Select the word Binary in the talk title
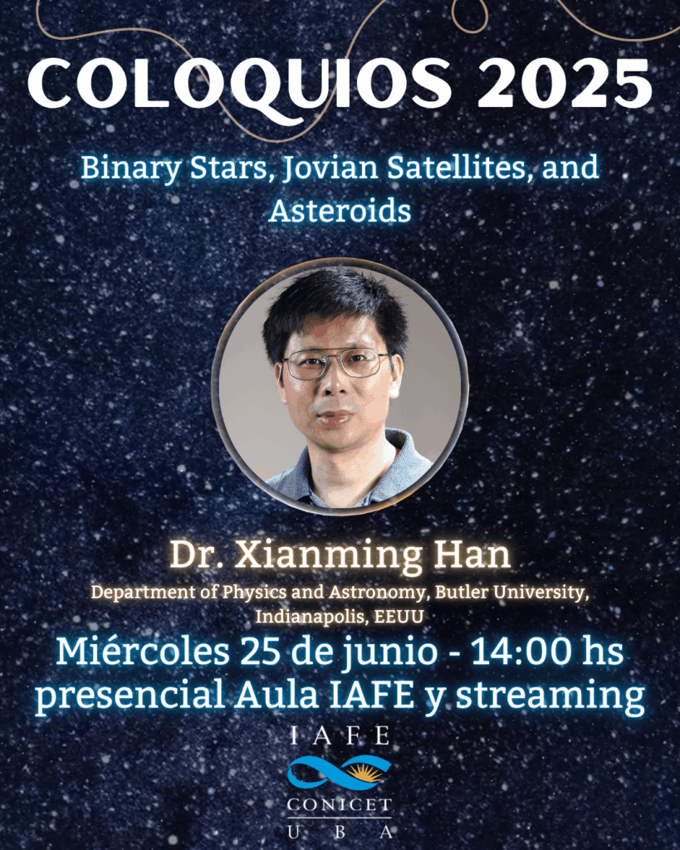click(x=130, y=169)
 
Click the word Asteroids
click(x=340, y=210)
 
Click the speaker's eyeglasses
click(x=337, y=364)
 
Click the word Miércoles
click(x=142, y=652)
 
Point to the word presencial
click(x=130, y=696)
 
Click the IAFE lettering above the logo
click(x=340, y=736)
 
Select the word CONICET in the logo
click(x=340, y=805)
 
